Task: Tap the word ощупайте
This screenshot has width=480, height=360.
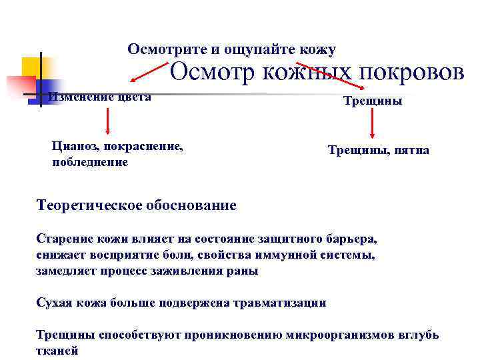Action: point(254,49)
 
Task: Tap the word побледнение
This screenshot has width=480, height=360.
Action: point(90,162)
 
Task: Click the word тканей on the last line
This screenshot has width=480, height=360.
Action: point(57,351)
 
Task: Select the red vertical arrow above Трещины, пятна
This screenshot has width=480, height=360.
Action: point(373,123)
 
